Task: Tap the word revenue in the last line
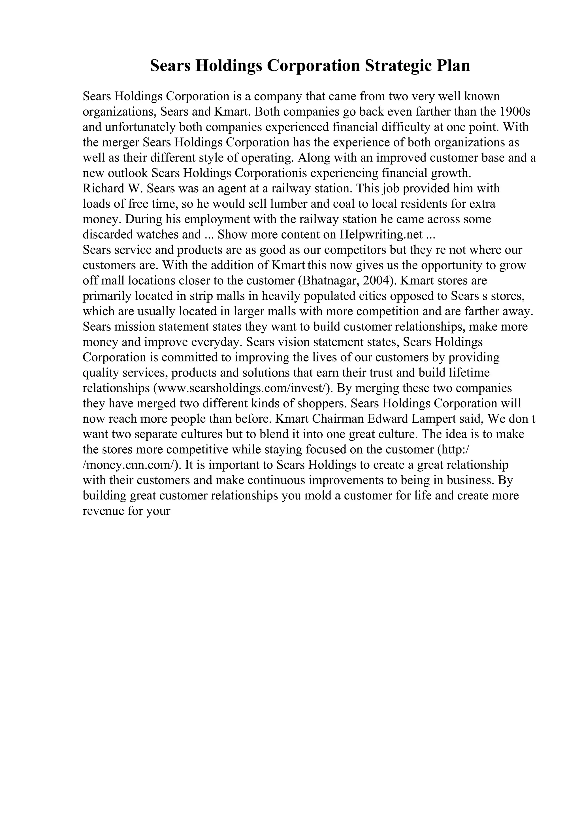pos(103,511)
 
